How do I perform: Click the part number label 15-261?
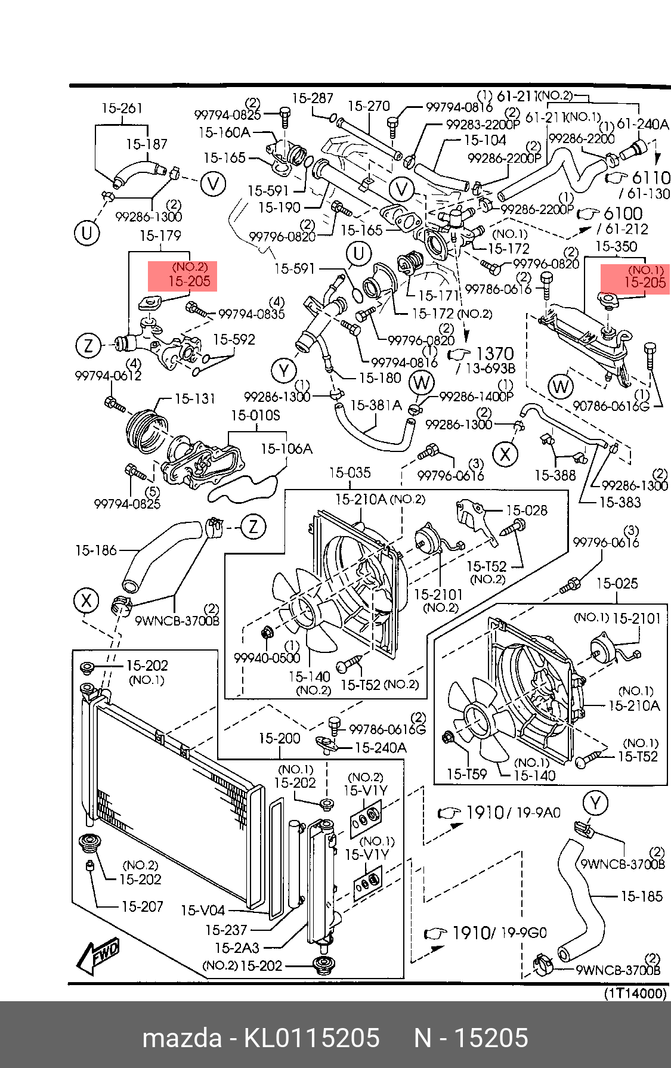[x=122, y=108]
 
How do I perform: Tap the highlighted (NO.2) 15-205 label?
[x=183, y=276]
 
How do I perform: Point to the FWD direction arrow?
[x=98, y=955]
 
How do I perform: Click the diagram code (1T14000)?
[x=635, y=993]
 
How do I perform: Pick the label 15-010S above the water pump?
[x=255, y=415]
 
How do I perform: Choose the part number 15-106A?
[x=286, y=448]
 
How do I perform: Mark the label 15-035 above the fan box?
[x=350, y=473]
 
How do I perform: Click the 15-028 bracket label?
[x=526, y=510]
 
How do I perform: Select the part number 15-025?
[x=617, y=583]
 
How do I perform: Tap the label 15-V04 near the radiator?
[x=203, y=911]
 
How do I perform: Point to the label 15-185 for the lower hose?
[x=641, y=896]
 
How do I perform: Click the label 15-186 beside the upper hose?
[x=96, y=550]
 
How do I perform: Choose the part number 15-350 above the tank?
[x=616, y=246]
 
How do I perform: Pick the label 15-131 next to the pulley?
[x=195, y=398]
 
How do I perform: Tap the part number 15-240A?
[x=381, y=748]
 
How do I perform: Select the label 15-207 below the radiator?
[x=142, y=906]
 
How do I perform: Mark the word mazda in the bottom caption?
[x=181, y=1038]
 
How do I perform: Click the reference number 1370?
[x=495, y=354]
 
